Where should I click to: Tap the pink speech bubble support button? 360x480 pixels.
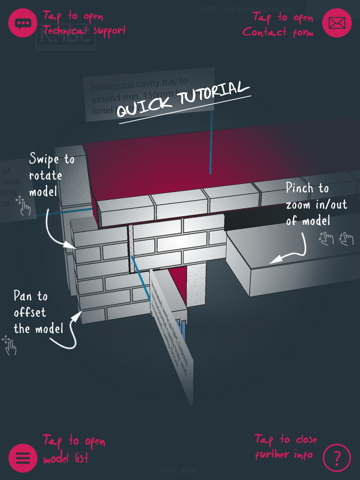click(23, 23)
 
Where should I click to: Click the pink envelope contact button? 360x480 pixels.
click(337, 23)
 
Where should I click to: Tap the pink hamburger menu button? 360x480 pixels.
click(23, 458)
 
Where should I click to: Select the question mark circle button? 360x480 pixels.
click(337, 458)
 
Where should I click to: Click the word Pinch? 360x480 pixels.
click(300, 188)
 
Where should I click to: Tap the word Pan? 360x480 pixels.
click(23, 296)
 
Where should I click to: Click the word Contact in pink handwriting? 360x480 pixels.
click(265, 32)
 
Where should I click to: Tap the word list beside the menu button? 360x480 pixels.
click(82, 458)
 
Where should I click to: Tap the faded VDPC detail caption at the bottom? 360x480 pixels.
click(180, 471)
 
